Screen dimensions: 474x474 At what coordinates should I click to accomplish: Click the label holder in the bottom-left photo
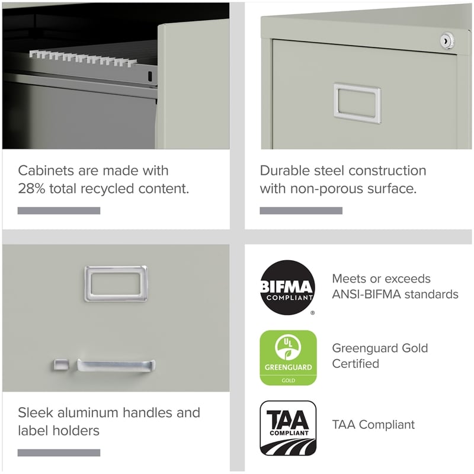pyautogui.click(x=116, y=283)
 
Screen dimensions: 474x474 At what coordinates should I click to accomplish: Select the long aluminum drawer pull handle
pyautogui.click(x=116, y=364)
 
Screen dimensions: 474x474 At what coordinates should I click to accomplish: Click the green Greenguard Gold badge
pyautogui.click(x=289, y=357)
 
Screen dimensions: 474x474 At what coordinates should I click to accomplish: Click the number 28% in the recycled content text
pyautogui.click(x=34, y=189)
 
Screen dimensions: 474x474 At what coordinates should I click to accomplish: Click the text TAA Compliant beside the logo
pyautogui.click(x=373, y=424)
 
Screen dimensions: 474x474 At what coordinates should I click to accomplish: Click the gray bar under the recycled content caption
pyautogui.click(x=59, y=210)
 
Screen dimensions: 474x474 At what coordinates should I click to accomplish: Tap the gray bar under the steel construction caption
pyautogui.click(x=301, y=210)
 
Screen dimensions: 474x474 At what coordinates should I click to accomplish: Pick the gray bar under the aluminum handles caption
pyautogui.click(x=59, y=453)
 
